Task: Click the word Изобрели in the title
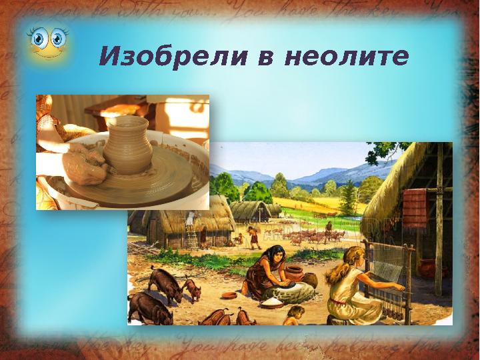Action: click(169, 57)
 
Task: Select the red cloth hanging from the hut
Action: click(415, 203)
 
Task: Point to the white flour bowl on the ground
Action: click(271, 303)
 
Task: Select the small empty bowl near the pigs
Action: click(228, 295)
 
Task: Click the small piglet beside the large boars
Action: click(191, 289)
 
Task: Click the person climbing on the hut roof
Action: click(189, 217)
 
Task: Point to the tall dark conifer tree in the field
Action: click(348, 196)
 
